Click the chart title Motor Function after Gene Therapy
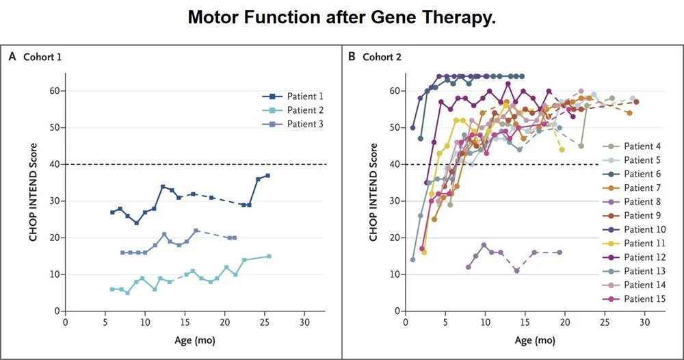(x=341, y=18)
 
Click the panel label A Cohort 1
(x=35, y=57)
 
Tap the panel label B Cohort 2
(x=375, y=57)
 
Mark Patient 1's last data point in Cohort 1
(x=267, y=175)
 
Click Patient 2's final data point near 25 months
(x=269, y=256)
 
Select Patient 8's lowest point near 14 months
(x=517, y=270)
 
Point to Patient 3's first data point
(x=122, y=253)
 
